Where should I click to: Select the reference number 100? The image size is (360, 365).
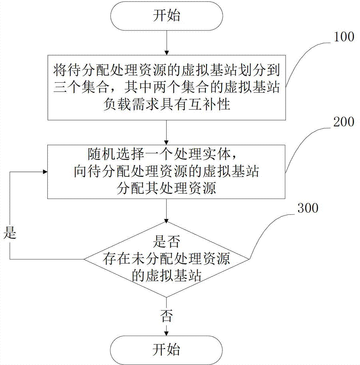coord(342,37)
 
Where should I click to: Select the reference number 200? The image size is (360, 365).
coord(342,122)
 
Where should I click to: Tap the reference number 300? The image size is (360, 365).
coord(308,208)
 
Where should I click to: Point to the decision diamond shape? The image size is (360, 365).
coord(167,260)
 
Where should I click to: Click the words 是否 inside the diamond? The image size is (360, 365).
coord(167,242)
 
